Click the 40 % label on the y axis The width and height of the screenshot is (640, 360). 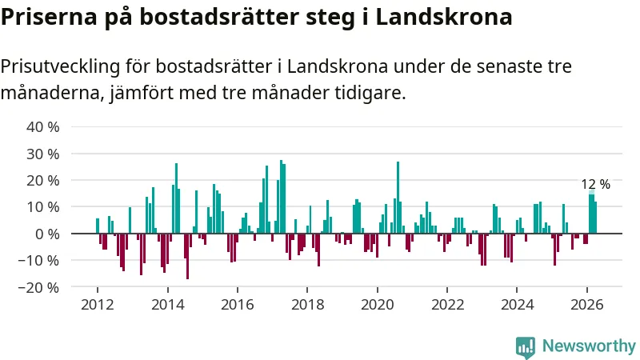coord(43,127)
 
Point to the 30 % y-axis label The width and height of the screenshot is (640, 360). coord(43,154)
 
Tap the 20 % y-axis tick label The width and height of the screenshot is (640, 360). coord(43,181)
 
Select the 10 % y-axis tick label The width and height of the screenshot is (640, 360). coord(43,207)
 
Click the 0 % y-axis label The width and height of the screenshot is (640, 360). coord(47,234)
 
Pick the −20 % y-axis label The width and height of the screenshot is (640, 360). coord(38,287)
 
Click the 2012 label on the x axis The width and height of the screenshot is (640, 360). coord(98,305)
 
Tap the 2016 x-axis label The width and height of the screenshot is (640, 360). coord(238,305)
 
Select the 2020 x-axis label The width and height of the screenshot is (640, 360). coord(378,305)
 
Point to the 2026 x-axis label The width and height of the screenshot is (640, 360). coord(587,305)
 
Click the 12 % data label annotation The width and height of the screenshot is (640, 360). coord(595,184)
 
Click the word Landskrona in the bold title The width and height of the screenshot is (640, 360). coord(444,17)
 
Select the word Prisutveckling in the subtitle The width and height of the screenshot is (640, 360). coord(61,67)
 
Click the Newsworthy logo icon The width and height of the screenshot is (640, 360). coord(526,348)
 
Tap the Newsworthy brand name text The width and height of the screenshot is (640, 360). coord(589,346)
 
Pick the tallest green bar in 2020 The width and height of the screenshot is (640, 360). coord(398,198)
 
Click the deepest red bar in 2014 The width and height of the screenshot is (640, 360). coord(187,256)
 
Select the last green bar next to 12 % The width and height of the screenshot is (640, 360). coord(595,218)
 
